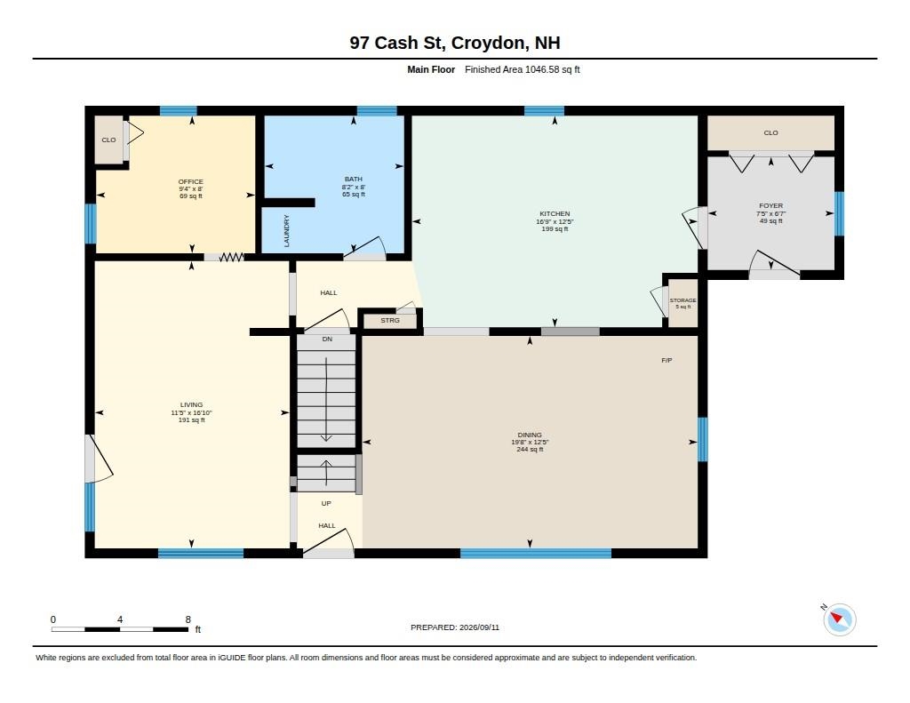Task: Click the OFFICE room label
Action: point(190,181)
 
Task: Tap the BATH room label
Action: point(354,179)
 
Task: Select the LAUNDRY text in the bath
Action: point(287,230)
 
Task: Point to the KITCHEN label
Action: point(555,213)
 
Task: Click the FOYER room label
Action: point(770,205)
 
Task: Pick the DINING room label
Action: point(530,435)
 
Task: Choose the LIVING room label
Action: point(191,404)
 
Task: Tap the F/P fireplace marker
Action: point(667,361)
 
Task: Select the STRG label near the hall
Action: point(390,321)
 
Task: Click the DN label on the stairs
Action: point(327,339)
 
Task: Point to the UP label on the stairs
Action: point(326,503)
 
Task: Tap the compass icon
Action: point(839,619)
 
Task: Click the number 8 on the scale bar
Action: point(188,619)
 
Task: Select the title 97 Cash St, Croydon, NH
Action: point(455,43)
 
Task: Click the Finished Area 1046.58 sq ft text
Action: point(523,69)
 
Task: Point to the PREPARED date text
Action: point(455,627)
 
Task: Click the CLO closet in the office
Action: point(108,140)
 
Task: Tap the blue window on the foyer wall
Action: point(839,213)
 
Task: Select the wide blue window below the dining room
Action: point(536,553)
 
